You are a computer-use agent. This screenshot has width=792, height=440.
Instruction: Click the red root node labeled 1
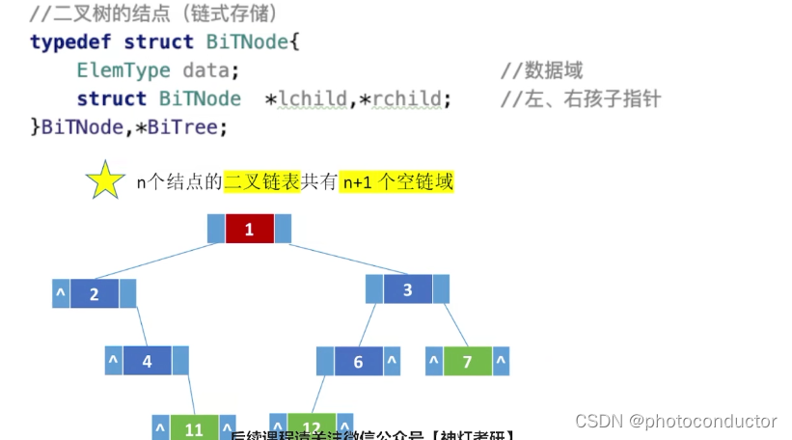pyautogui.click(x=249, y=229)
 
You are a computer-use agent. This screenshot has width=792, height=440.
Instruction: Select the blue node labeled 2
pyautogui.click(x=94, y=294)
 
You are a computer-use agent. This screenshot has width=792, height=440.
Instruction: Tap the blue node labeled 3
pyautogui.click(x=407, y=289)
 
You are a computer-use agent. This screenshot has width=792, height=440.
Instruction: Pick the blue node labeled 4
pyautogui.click(x=147, y=361)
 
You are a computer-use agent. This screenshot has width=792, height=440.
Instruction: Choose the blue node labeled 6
pyautogui.click(x=358, y=361)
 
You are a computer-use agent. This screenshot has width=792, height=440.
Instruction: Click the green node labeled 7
pyautogui.click(x=467, y=361)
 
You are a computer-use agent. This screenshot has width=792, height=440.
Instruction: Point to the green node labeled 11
pyautogui.click(x=194, y=429)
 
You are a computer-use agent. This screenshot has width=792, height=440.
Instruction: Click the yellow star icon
pyautogui.click(x=105, y=181)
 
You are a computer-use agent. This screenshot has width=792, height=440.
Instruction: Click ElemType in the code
pyautogui.click(x=123, y=70)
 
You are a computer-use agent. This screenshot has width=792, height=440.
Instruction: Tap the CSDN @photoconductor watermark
pyautogui.click(x=675, y=421)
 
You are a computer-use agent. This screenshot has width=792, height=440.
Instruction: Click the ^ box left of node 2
pyautogui.click(x=60, y=294)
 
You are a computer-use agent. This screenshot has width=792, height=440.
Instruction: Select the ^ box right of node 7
pyautogui.click(x=500, y=361)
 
